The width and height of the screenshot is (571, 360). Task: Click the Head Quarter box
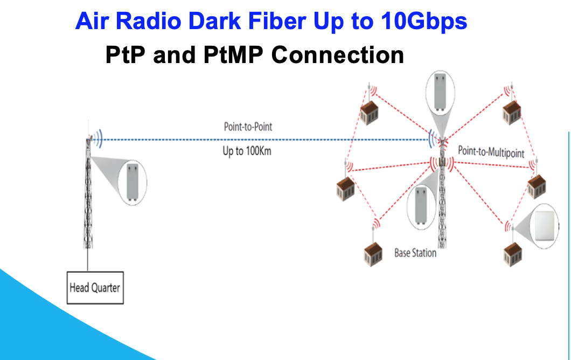(95, 287)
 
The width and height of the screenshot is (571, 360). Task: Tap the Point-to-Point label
(248, 127)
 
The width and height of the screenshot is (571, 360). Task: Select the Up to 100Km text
(247, 151)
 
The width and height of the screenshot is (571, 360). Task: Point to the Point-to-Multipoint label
(491, 151)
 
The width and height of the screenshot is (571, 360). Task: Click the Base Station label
(415, 253)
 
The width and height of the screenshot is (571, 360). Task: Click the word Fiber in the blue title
(277, 21)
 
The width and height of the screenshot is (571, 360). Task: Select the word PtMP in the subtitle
(233, 55)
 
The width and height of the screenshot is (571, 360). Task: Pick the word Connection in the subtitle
(338, 55)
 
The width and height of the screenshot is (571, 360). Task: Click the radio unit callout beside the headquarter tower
(132, 183)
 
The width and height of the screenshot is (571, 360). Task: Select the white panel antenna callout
(544, 226)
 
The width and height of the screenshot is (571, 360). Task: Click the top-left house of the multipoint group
(369, 113)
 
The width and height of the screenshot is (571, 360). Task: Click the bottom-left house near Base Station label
(373, 254)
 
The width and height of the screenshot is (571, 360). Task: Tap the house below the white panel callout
(513, 254)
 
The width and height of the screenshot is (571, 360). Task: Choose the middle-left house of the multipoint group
(345, 189)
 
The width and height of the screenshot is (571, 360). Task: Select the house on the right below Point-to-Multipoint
(537, 186)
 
